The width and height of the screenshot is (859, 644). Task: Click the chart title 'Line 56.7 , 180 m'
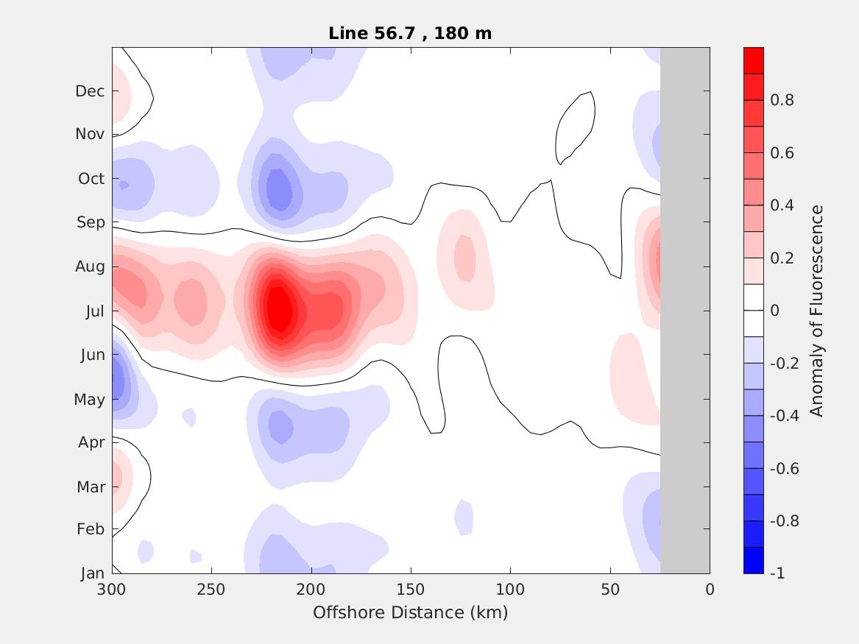tap(410, 33)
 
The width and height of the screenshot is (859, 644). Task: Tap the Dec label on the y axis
tap(90, 91)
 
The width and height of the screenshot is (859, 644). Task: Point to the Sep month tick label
tap(91, 222)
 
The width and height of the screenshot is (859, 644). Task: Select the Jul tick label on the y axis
tap(95, 311)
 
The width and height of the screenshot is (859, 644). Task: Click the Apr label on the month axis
tap(91, 442)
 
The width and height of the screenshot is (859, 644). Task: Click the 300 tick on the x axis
tap(112, 590)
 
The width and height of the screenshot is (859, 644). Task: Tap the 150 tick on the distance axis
tap(411, 590)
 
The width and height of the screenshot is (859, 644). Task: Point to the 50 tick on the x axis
tap(610, 590)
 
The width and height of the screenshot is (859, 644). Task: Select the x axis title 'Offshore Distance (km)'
tap(410, 612)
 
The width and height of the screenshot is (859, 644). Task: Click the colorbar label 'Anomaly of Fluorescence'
tap(816, 311)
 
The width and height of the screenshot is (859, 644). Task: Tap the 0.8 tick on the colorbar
tap(782, 100)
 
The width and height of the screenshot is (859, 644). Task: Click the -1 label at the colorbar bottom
tap(777, 573)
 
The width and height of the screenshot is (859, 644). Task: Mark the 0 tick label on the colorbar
tap(774, 311)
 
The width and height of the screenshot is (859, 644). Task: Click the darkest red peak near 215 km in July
tap(278, 309)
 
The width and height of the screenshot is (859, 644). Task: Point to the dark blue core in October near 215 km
tap(278, 188)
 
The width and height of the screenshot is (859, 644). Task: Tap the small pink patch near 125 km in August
tap(464, 258)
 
